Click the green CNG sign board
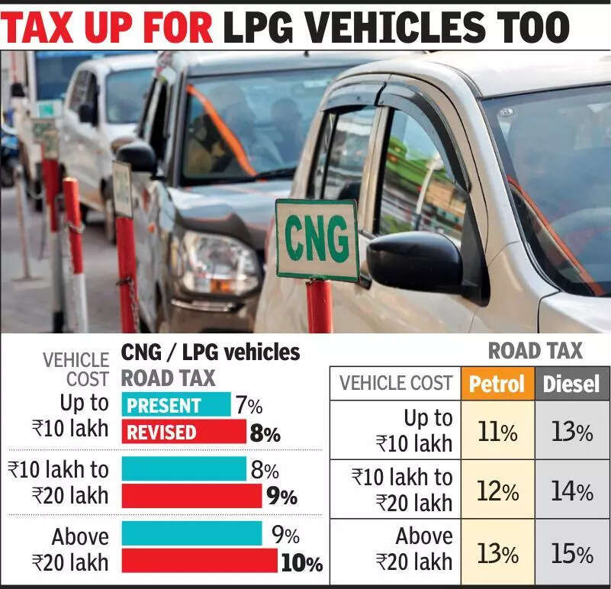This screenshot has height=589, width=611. pos(317,240)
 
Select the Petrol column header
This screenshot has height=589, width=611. pos(497,384)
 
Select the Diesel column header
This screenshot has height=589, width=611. pos(572,384)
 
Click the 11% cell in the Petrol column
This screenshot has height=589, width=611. pos(497,431)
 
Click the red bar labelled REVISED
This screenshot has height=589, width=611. pos(184,433)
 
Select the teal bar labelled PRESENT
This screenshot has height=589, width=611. pos(176,405)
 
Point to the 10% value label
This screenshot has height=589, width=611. pos(301,564)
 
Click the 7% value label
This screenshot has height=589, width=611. pos(248,404)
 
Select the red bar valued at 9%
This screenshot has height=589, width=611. pos(191,497)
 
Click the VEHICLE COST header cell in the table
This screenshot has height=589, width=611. pos(395,383)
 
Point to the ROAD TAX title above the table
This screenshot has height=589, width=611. pos(535,351)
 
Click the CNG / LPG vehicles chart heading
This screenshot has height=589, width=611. pos(211,353)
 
